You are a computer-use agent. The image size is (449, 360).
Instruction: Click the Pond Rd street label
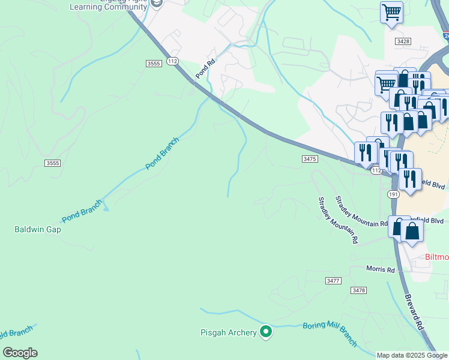pyautogui.click(x=205, y=68)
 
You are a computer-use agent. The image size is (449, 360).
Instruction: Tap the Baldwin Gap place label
pyautogui.click(x=38, y=229)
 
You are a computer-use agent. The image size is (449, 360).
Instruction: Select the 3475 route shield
pyautogui.click(x=309, y=158)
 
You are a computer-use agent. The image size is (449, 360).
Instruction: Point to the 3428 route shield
pyautogui.click(x=403, y=41)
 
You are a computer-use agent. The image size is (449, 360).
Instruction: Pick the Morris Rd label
pyautogui.click(x=381, y=269)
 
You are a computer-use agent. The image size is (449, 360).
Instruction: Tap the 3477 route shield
pyautogui.click(x=333, y=281)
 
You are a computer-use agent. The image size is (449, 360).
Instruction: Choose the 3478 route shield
pyautogui.click(x=359, y=290)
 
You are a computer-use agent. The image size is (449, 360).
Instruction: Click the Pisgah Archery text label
pyautogui.click(x=228, y=332)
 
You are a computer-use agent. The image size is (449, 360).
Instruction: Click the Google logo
pyautogui.click(x=20, y=353)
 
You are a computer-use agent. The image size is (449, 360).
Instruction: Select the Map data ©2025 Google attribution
pyautogui.click(x=411, y=355)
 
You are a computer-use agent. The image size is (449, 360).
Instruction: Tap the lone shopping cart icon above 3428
pyautogui.click(x=391, y=13)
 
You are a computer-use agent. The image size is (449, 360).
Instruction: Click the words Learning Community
pyautogui.click(x=108, y=7)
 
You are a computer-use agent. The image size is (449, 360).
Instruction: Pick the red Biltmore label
pyautogui.click(x=436, y=257)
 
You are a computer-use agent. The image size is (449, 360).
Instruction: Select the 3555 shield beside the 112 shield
pyautogui.click(x=154, y=63)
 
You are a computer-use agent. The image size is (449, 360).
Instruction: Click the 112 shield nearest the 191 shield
pyautogui.click(x=376, y=171)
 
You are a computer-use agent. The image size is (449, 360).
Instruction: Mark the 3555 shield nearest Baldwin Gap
pyautogui.click(x=52, y=163)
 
